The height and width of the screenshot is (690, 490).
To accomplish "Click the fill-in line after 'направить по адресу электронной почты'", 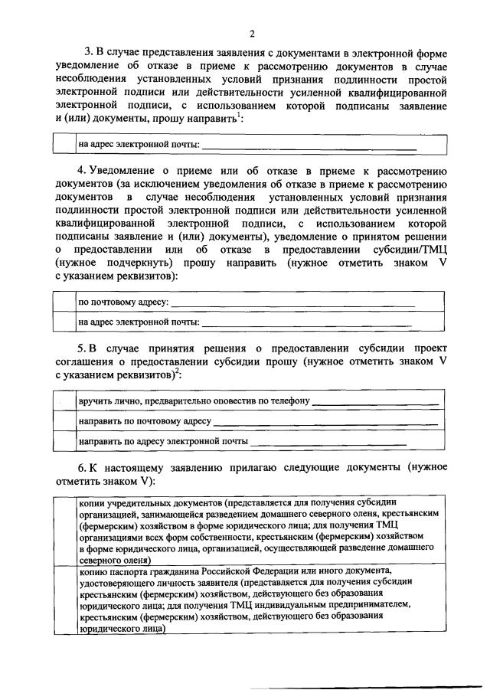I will [329, 443].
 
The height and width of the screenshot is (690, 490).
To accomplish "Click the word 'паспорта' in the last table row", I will [126, 571].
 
